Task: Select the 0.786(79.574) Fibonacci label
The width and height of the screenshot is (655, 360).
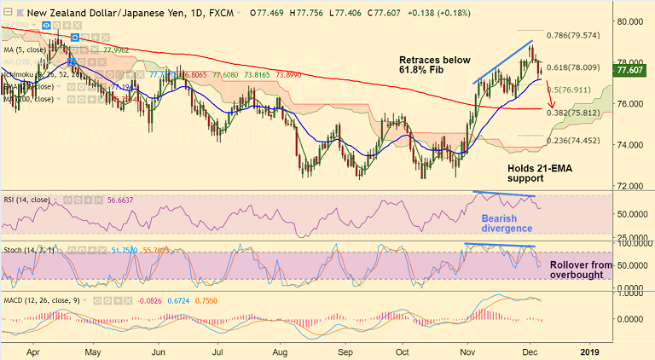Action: [572, 36]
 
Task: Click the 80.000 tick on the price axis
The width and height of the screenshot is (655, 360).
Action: [632, 21]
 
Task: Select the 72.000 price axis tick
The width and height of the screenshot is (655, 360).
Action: [632, 186]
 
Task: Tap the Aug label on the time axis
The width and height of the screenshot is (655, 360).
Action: [283, 351]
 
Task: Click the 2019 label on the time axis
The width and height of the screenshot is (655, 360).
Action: [591, 351]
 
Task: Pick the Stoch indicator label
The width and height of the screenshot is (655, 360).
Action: [26, 249]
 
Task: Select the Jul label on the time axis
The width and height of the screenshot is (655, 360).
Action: [221, 351]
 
